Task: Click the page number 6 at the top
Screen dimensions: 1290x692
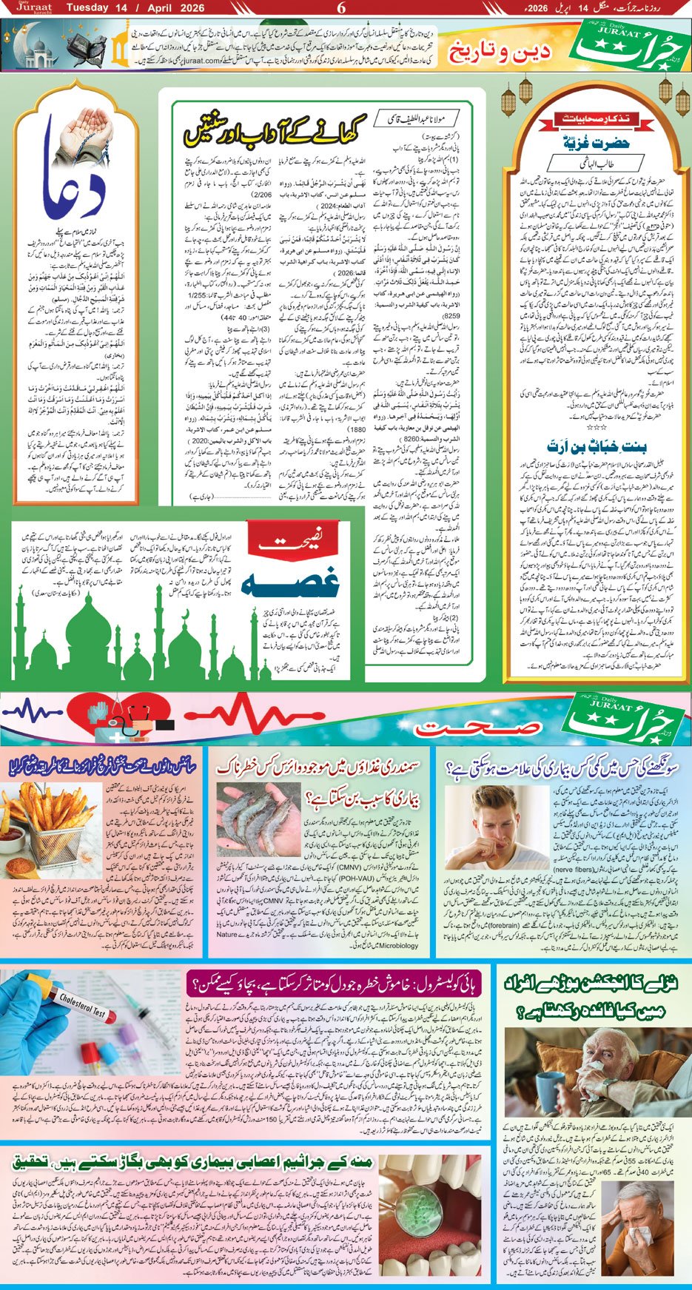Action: tap(341, 8)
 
